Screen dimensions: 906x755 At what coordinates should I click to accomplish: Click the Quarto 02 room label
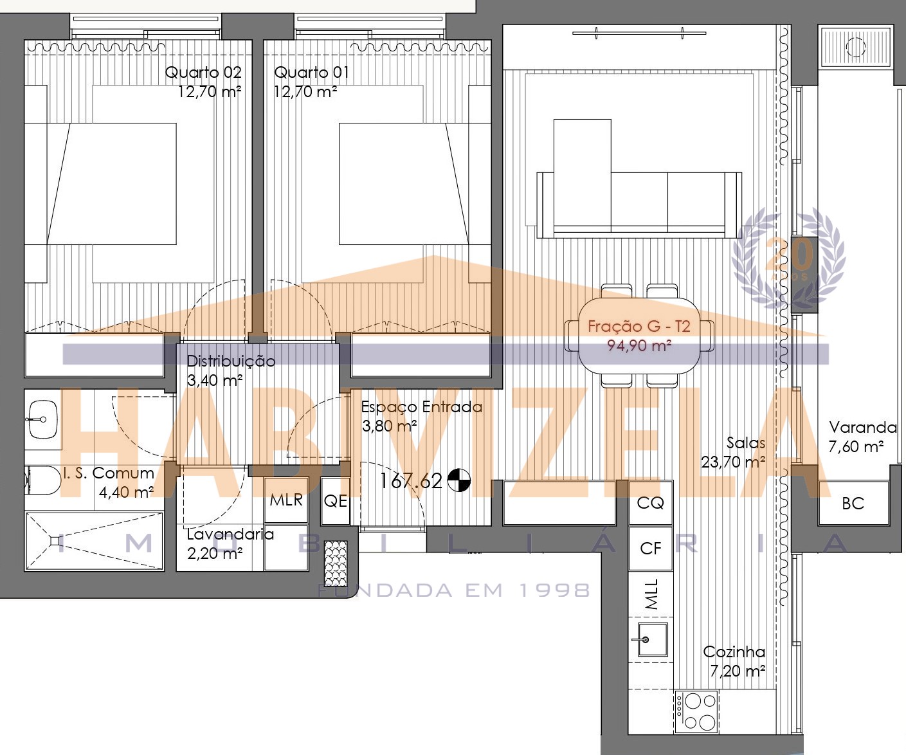click(203, 73)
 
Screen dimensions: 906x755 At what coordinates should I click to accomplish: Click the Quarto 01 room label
click(312, 73)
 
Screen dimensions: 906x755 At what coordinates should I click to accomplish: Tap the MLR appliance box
click(286, 500)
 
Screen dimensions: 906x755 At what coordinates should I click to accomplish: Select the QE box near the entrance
click(336, 501)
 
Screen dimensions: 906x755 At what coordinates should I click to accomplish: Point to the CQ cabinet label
click(651, 503)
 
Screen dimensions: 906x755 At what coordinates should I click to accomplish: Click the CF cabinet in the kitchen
click(651, 549)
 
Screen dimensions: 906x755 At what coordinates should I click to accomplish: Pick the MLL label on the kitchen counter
click(651, 594)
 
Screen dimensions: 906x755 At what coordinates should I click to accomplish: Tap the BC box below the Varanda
click(853, 504)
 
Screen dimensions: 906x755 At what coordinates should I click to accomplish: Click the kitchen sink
click(652, 640)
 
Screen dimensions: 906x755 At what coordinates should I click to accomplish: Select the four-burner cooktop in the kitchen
click(696, 712)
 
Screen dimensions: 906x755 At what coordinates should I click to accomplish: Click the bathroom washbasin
click(43, 419)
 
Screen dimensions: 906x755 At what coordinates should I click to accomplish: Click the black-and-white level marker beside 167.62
click(458, 480)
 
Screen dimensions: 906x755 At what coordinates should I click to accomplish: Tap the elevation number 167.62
click(411, 481)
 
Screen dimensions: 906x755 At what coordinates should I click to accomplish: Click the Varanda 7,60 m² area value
click(856, 446)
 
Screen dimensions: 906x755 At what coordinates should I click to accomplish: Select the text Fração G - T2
click(639, 326)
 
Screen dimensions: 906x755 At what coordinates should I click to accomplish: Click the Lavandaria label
click(230, 534)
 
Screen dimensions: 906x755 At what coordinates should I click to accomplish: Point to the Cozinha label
click(734, 651)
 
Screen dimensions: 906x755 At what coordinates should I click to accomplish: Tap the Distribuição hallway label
click(231, 361)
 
